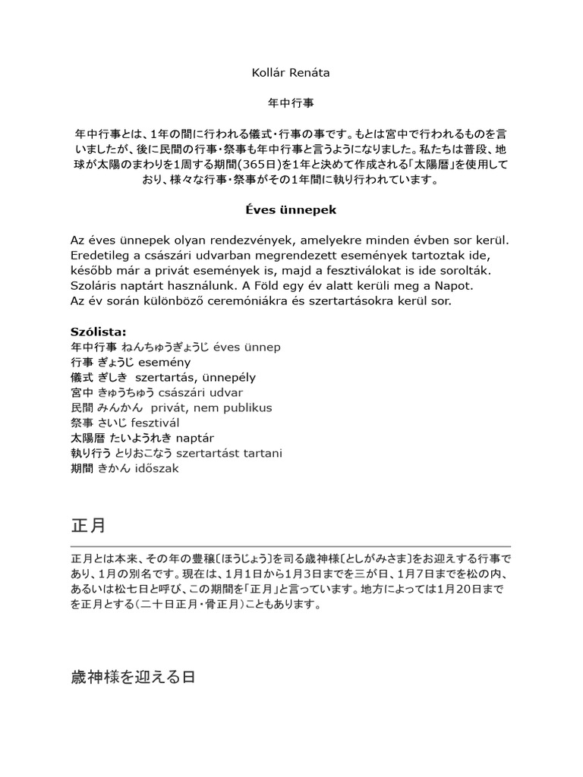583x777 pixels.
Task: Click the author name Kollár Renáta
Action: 291,73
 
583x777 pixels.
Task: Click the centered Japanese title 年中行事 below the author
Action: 291,100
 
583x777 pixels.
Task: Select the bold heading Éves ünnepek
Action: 291,209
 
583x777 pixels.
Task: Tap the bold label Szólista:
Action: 98,332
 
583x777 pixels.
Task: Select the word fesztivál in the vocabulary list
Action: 155,423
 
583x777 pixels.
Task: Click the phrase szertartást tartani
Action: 228,453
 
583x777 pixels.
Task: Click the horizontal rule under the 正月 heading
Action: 291,546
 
